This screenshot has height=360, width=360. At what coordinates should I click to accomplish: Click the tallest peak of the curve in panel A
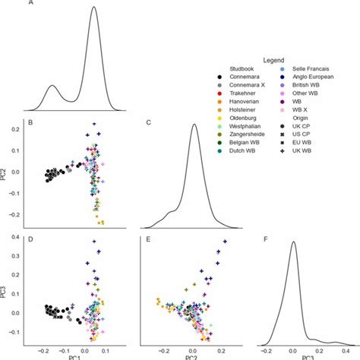pyautogui.click(x=93, y=8)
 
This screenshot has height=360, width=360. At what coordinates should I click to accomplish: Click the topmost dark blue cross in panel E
pyautogui.click(x=225, y=242)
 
